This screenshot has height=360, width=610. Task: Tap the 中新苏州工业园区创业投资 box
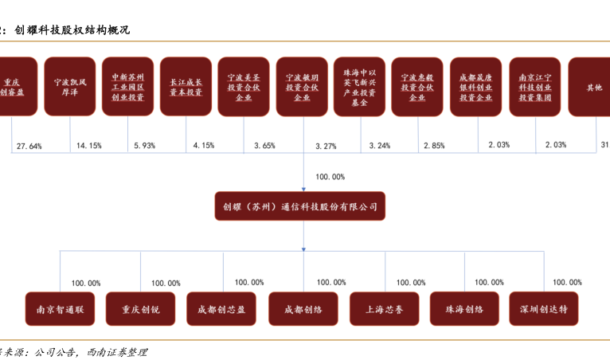point(128,87)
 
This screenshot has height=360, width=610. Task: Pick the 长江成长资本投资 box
point(186,87)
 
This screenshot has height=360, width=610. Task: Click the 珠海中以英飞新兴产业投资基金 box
point(359,87)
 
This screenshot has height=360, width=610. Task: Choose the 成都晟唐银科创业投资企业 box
point(475,87)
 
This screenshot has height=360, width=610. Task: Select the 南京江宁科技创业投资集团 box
point(534,87)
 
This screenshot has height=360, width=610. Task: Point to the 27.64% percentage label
point(29,147)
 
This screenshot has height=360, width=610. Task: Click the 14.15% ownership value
point(88,147)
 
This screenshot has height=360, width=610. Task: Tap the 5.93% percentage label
point(146,147)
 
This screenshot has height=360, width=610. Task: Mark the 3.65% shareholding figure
point(264,147)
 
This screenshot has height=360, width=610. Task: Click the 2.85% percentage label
point(434,147)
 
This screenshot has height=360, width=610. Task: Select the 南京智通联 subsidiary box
point(60,309)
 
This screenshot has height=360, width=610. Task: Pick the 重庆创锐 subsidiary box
point(141,309)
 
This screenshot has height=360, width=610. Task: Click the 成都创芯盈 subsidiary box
point(222,309)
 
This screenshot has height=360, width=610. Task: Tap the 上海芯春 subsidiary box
point(385,309)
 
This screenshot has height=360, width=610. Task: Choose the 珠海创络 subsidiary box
point(464,309)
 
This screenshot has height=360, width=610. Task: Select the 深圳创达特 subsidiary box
point(544,309)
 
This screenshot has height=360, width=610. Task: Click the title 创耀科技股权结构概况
point(72,30)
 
